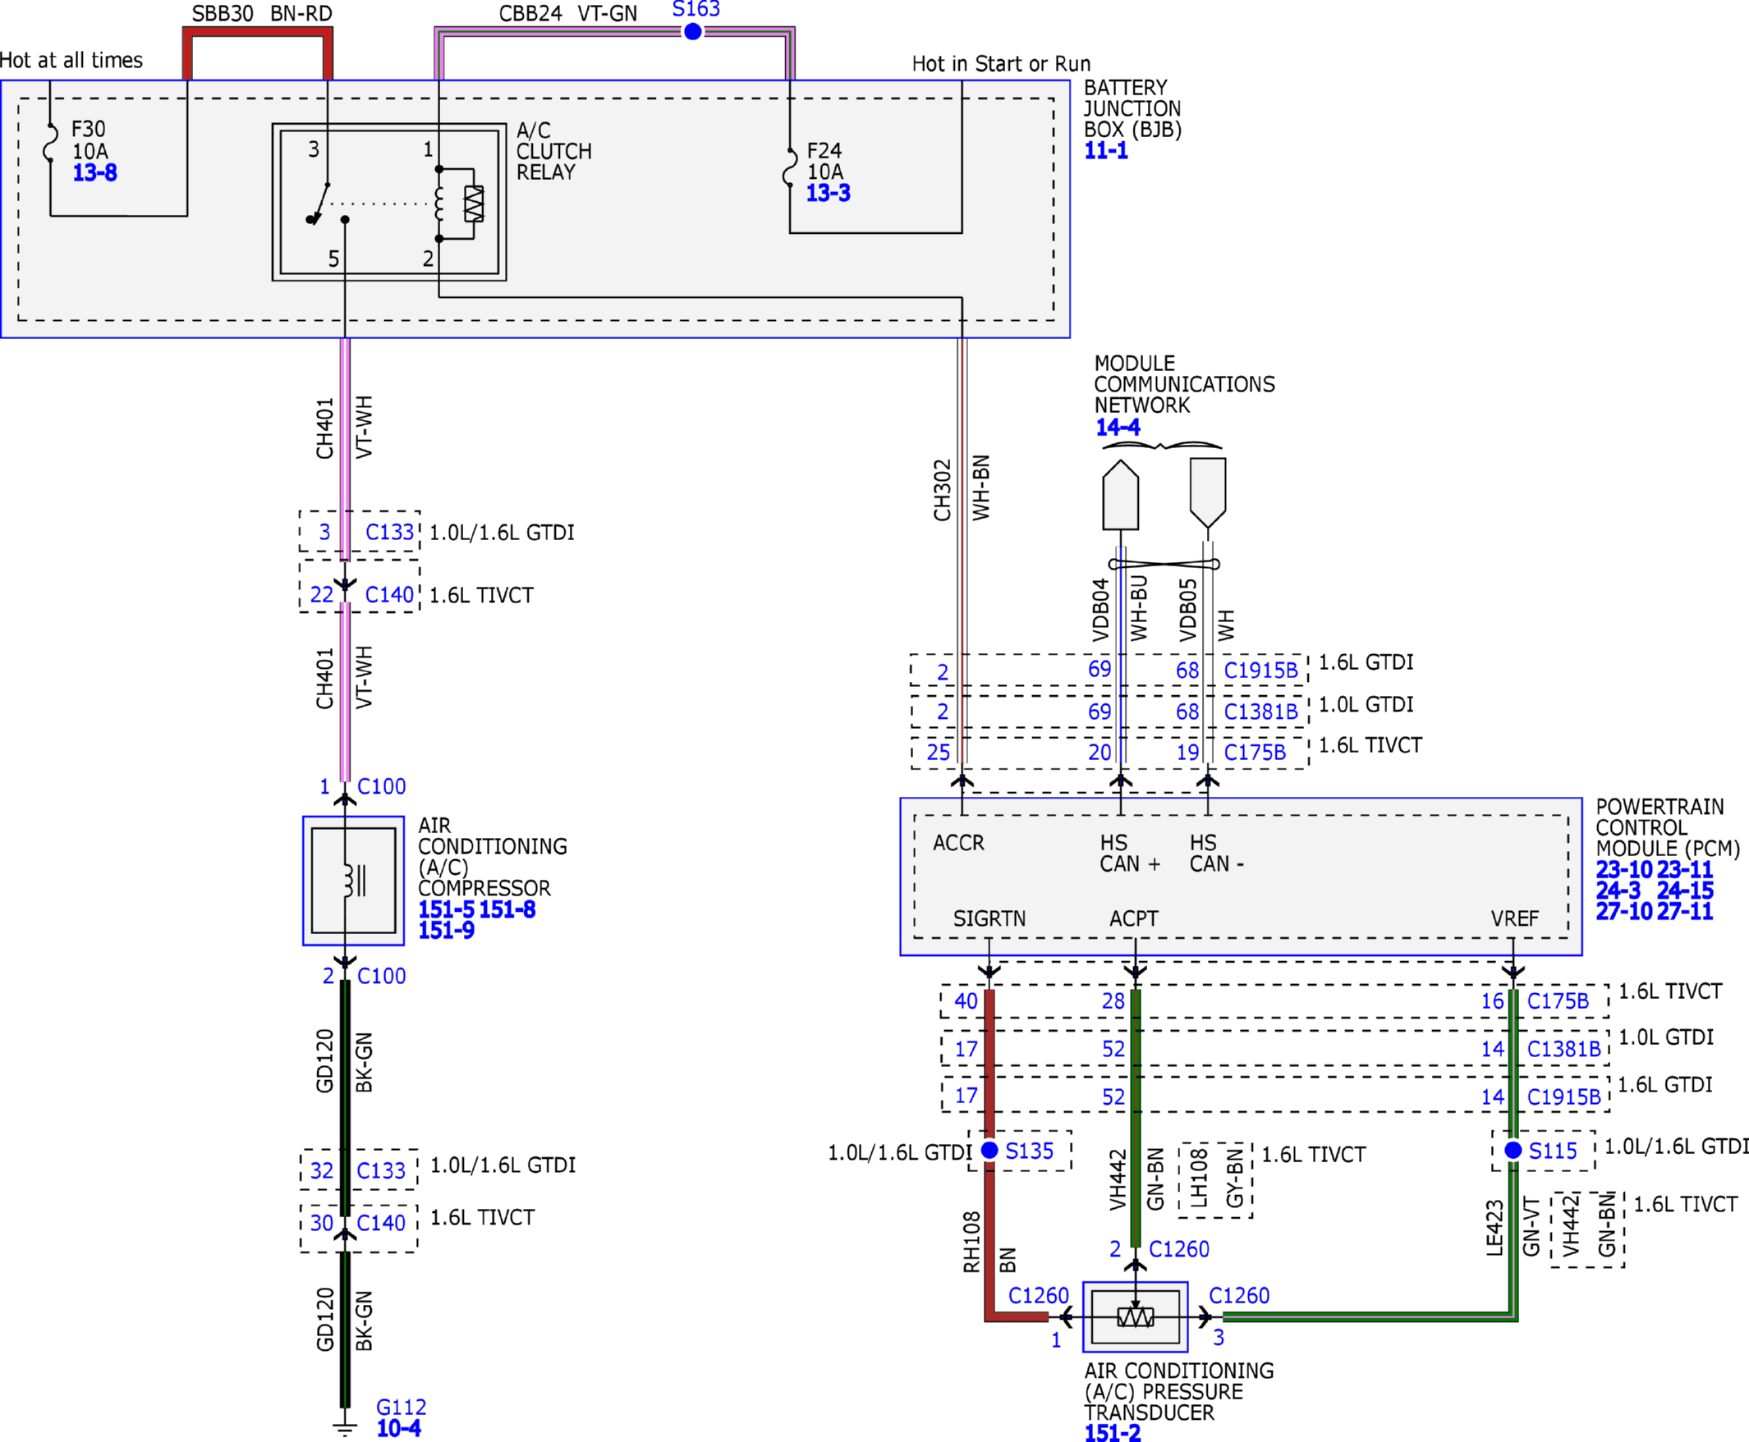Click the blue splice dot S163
tap(693, 31)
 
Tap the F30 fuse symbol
tap(51, 142)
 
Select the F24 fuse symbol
tap(789, 167)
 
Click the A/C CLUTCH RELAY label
tap(553, 151)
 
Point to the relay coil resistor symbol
tap(474, 204)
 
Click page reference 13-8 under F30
tap(94, 173)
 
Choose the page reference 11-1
tap(1106, 150)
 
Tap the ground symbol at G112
tap(345, 1429)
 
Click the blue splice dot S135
tap(989, 1151)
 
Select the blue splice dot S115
tap(1513, 1151)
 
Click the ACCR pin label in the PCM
tap(958, 843)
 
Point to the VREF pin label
tap(1515, 918)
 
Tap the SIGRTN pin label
tap(989, 918)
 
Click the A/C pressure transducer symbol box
tap(1135, 1316)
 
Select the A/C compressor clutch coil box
tap(353, 881)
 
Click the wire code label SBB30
tap(223, 14)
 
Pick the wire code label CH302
tap(941, 490)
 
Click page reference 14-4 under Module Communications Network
tap(1118, 428)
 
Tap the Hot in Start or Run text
tap(1001, 64)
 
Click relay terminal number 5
tap(333, 259)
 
